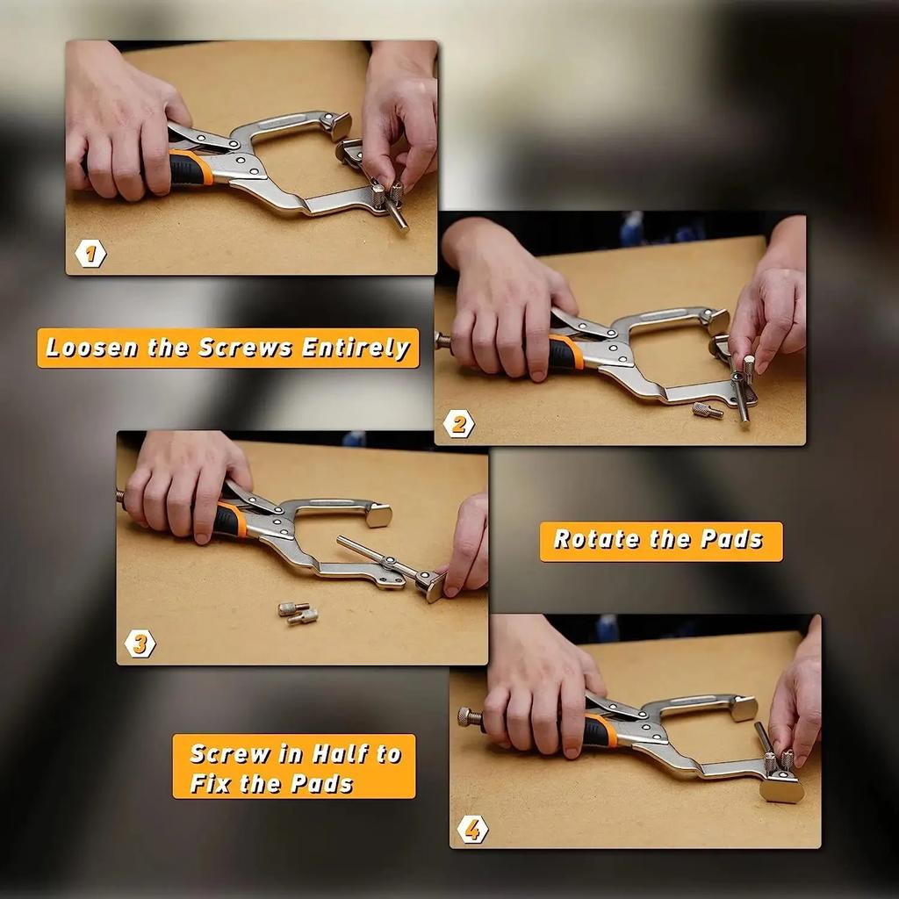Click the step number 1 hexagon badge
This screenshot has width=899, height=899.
[x=90, y=254]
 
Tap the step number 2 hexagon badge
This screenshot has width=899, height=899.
[x=457, y=424]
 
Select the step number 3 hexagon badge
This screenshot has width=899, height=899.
[x=140, y=644]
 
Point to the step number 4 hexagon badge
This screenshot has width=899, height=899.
[x=472, y=828]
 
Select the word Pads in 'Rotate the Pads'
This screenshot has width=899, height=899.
[x=735, y=540]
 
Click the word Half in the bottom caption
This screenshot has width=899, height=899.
[x=343, y=754]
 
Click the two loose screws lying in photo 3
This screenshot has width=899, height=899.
[x=298, y=612]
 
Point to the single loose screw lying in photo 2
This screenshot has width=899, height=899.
[x=707, y=410]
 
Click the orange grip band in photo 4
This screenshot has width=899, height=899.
[x=600, y=730]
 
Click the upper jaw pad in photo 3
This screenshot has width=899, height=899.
[x=378, y=515]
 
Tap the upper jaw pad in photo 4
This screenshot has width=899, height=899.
[x=743, y=708]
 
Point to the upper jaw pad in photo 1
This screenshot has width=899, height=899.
[x=338, y=126]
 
